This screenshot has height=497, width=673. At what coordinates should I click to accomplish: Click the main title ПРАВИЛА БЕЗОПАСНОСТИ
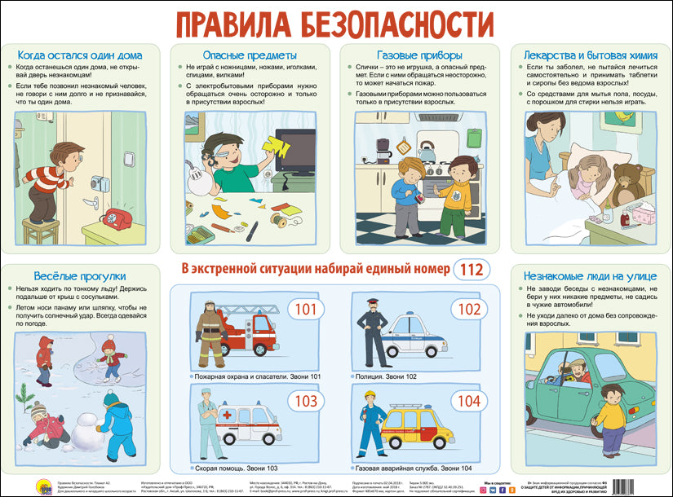[x=335, y=21]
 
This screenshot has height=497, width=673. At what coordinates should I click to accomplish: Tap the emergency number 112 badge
[x=471, y=269]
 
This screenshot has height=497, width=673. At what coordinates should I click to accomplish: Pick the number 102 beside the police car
[x=469, y=310]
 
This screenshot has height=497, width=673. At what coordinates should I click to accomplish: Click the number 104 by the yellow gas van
[x=469, y=401]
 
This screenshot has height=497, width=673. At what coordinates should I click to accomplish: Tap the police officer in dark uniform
[x=374, y=335]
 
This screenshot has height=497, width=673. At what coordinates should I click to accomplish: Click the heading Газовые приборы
[x=422, y=55]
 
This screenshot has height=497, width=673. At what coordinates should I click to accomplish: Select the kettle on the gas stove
[x=426, y=152]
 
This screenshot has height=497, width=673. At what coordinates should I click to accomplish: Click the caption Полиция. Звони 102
[x=387, y=377]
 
